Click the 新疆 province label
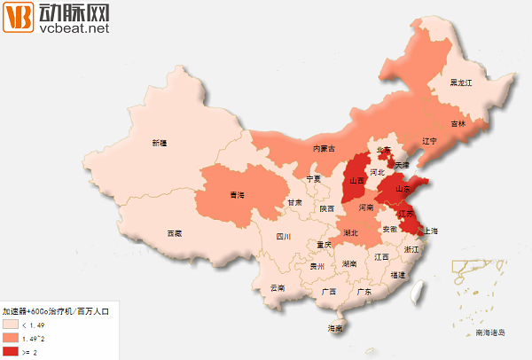click(159, 143)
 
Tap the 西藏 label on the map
click(174, 233)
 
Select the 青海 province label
click(237, 194)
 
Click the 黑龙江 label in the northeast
click(461, 82)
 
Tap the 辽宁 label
click(430, 141)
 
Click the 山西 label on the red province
click(357, 180)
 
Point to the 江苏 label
click(407, 214)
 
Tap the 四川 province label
click(284, 237)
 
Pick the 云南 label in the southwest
click(278, 288)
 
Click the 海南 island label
click(335, 329)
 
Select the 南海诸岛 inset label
click(489, 333)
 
